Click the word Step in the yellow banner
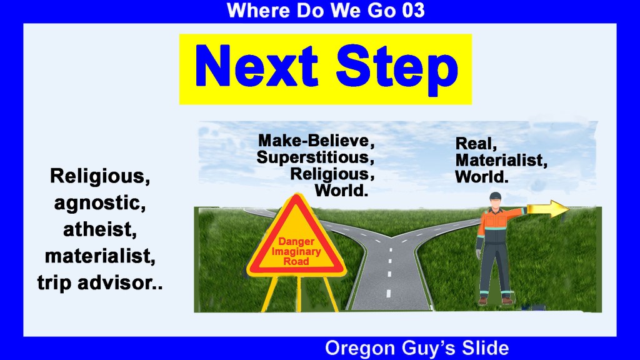pos(397,69)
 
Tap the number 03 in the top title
pos(413,10)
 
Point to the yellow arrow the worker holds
pos(547,209)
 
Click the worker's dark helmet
pos(495,196)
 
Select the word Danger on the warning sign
pos(296,242)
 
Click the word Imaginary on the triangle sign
pos(296,251)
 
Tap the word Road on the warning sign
pos(296,261)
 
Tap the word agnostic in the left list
pos(100,204)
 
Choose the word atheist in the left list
pos(100,229)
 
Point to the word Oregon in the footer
pos(360,348)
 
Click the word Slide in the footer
pos(485,347)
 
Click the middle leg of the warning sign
pos(299,293)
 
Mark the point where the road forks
pos(391,237)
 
